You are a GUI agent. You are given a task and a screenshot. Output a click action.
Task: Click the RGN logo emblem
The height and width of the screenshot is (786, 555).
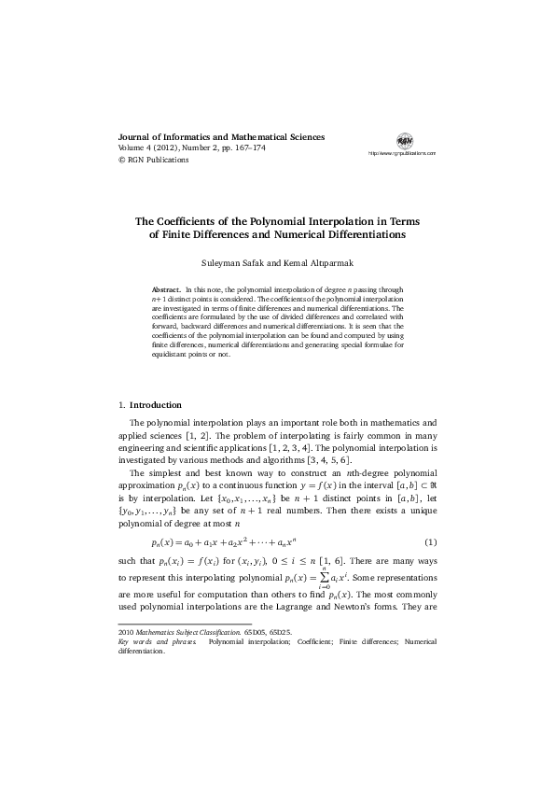coord(404,140)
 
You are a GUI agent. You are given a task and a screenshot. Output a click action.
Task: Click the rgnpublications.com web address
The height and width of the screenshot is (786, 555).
coord(402,152)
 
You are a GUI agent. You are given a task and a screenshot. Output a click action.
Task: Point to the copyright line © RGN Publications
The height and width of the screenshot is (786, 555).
coord(153,160)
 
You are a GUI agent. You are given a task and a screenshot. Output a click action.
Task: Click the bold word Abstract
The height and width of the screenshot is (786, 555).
coord(166,291)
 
